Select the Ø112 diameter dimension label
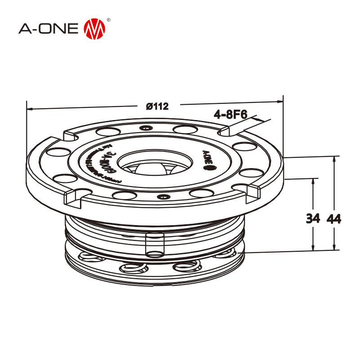pos(157,107)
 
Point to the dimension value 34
pos(313,219)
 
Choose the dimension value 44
pos(334,219)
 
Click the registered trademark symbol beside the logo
pos(109,20)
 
